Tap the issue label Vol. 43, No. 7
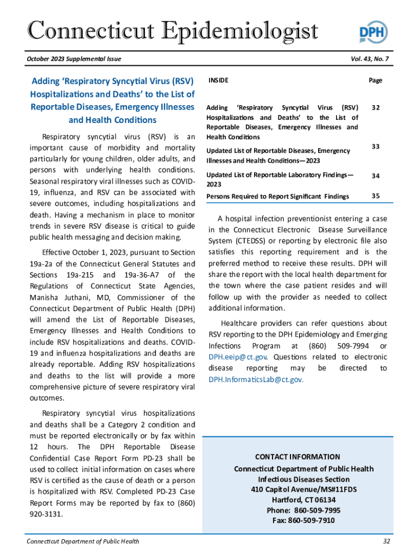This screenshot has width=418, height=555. (x=366, y=59)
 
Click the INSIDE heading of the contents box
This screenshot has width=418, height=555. (x=218, y=81)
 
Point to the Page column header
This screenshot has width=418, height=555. (x=375, y=81)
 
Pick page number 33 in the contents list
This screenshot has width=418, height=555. (x=375, y=146)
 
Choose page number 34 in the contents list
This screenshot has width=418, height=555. (x=375, y=176)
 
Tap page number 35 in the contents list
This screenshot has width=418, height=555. (x=375, y=196)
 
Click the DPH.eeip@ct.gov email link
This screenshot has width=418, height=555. (x=238, y=357)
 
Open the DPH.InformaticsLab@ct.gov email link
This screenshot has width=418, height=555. (x=256, y=379)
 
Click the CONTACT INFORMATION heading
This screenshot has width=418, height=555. (x=297, y=457)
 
